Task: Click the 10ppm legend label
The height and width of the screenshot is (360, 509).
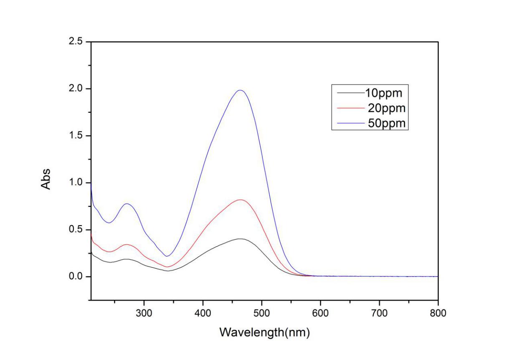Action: pyautogui.click(x=383, y=93)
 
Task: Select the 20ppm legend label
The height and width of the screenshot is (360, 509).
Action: pyautogui.click(x=387, y=108)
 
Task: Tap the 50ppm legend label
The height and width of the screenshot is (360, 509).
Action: pyautogui.click(x=387, y=124)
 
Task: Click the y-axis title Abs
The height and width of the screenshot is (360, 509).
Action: pyautogui.click(x=46, y=179)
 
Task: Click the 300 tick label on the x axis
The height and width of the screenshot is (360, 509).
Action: pyautogui.click(x=144, y=313)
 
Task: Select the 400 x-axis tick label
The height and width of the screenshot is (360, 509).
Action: pyautogui.click(x=203, y=313)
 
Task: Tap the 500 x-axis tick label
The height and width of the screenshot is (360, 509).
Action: pyautogui.click(x=262, y=313)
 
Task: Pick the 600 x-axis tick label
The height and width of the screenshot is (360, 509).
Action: pyautogui.click(x=320, y=313)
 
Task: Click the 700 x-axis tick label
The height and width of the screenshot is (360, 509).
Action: pyautogui.click(x=379, y=313)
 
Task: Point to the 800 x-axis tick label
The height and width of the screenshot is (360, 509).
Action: pyautogui.click(x=438, y=313)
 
